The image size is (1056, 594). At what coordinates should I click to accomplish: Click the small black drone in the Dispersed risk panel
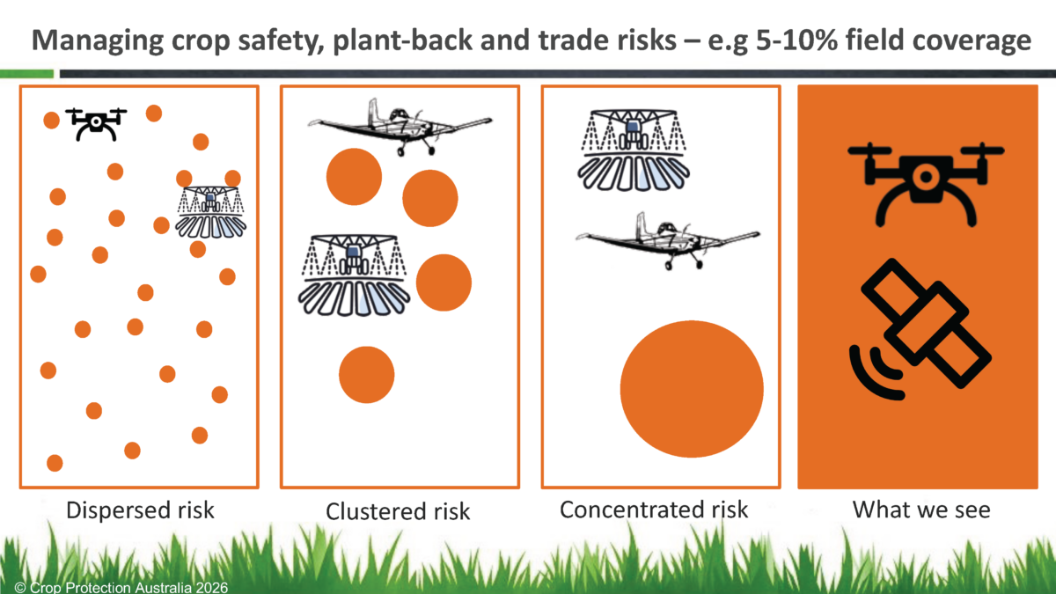96,123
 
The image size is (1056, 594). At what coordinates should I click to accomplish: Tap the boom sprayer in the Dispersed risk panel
210,212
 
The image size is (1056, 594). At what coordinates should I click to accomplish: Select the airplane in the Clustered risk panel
400,128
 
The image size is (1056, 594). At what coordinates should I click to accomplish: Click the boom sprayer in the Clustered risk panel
354,275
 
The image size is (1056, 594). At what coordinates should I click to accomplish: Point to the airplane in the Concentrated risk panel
668,241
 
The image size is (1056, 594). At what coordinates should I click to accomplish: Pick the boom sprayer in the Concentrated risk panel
634,150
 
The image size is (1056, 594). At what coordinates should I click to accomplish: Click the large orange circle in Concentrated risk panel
692,389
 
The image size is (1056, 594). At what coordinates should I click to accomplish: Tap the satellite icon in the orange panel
920,329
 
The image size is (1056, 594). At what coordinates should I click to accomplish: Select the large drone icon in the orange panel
926,184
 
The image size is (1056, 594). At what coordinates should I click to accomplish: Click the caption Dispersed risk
140,510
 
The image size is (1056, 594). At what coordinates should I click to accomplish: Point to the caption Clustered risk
398,511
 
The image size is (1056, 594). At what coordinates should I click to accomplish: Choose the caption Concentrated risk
654,510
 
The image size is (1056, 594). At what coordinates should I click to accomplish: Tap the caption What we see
921,510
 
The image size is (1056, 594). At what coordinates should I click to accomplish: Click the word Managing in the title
98,41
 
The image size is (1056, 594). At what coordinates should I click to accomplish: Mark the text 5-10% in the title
797,40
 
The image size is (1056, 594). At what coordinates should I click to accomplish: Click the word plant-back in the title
403,40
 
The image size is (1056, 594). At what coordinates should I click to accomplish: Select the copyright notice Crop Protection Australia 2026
121,588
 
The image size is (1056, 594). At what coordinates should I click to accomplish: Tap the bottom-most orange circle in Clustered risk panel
366,375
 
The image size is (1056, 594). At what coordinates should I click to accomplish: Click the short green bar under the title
27,74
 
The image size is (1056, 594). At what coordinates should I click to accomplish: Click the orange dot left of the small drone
51,121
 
